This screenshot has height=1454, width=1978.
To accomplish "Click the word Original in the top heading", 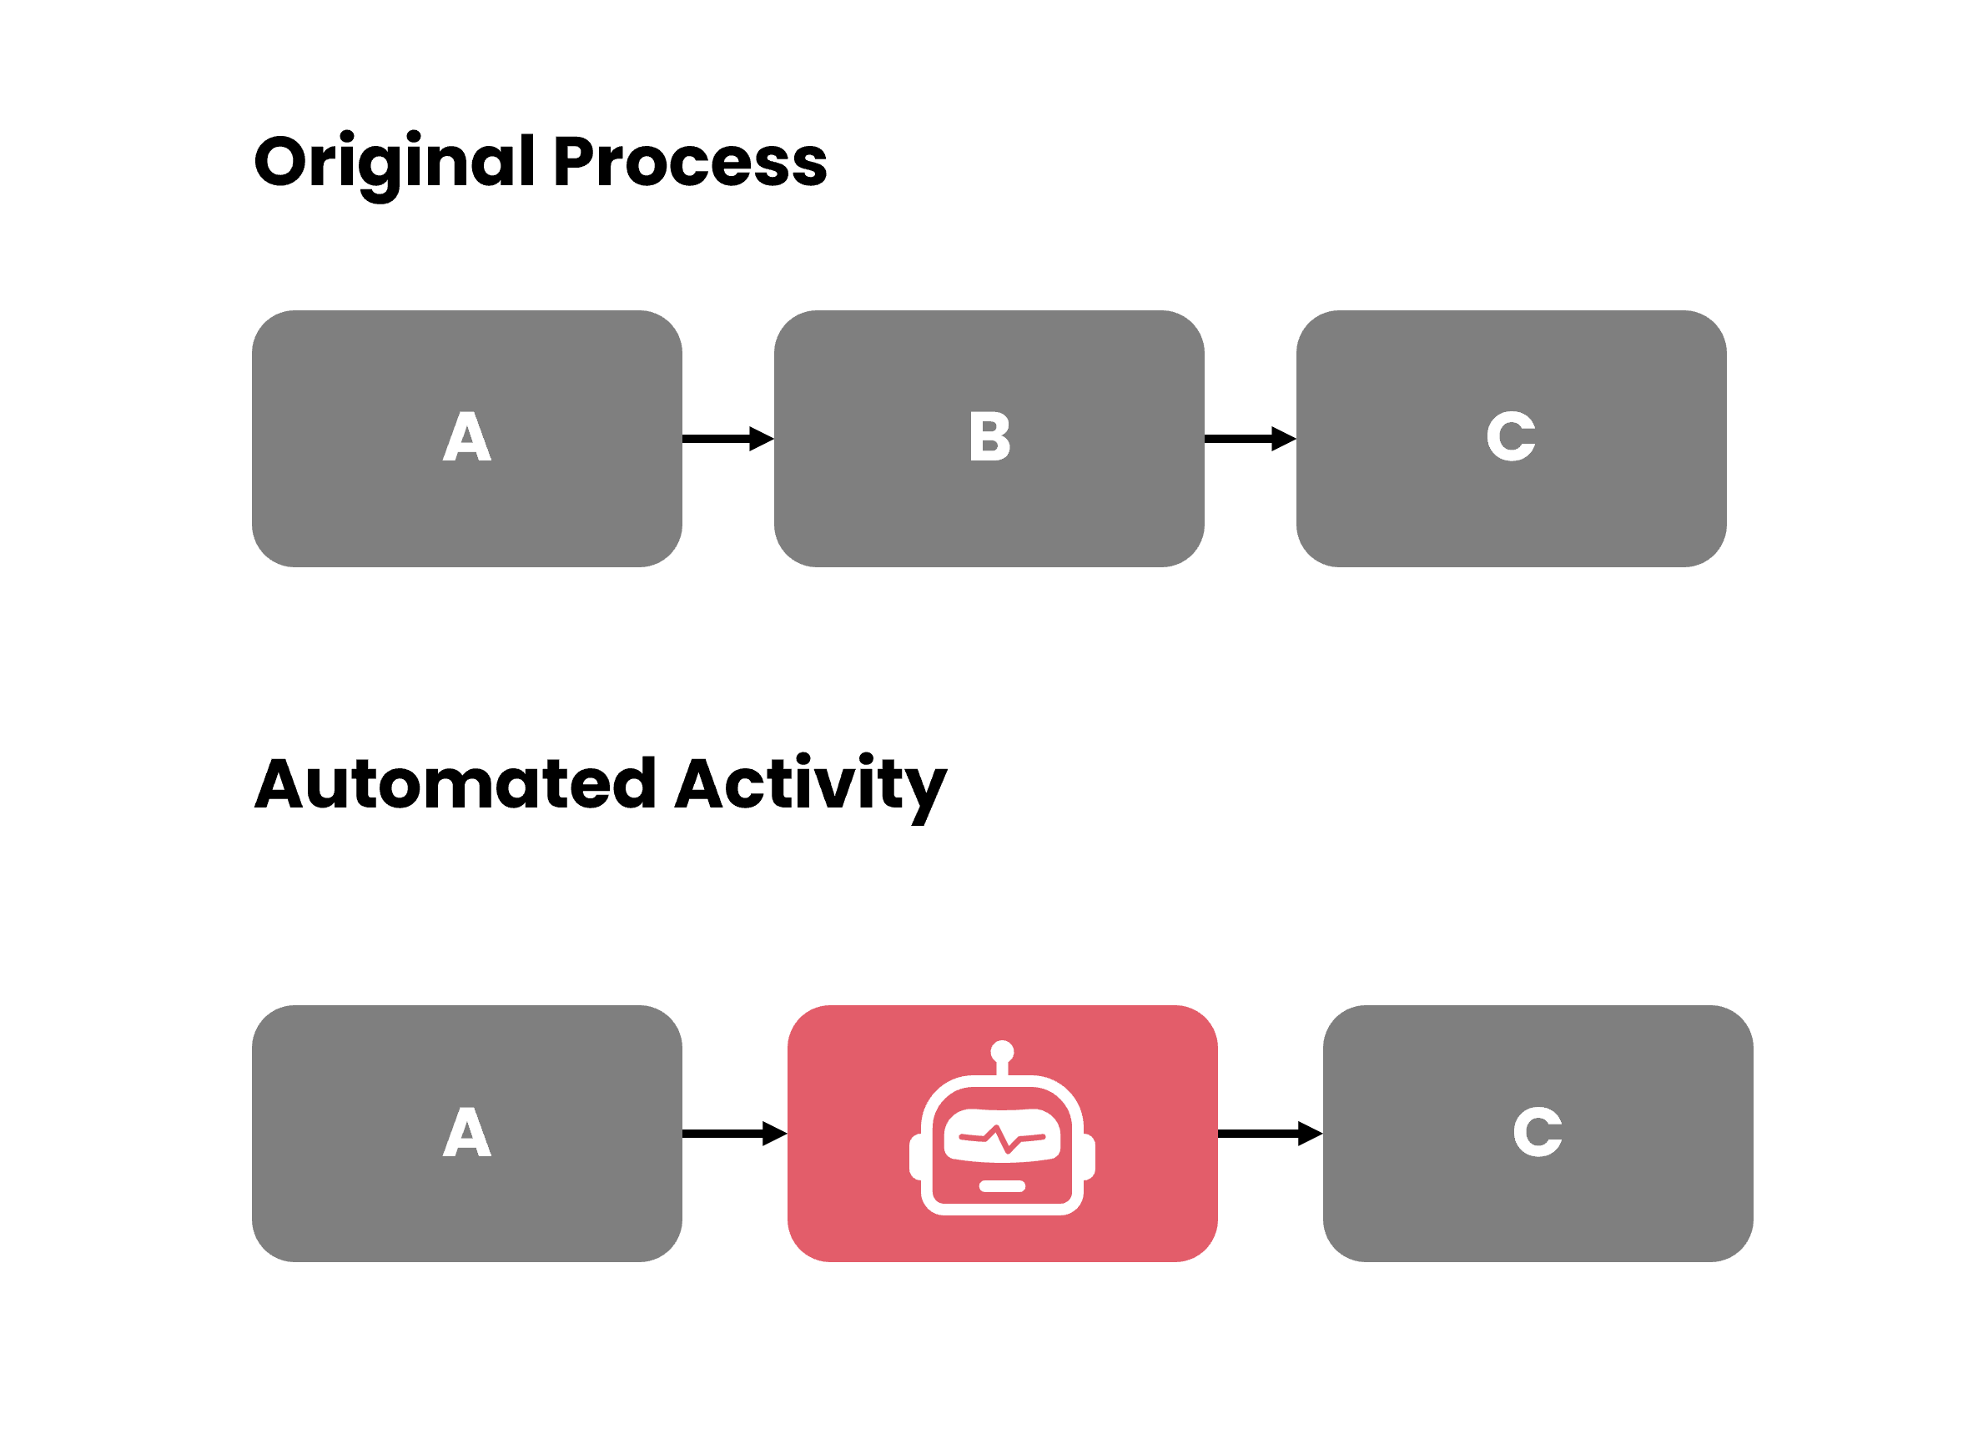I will (x=395, y=163).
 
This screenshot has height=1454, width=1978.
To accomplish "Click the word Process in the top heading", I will (x=691, y=163).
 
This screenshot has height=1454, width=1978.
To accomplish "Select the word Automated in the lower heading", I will (x=455, y=784).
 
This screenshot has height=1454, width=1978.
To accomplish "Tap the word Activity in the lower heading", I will (x=811, y=784).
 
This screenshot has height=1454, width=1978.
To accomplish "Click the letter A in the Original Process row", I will (x=466, y=436).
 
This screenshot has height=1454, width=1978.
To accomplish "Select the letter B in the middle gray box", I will (x=989, y=436).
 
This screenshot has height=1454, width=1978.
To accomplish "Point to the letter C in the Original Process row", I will (x=1511, y=436).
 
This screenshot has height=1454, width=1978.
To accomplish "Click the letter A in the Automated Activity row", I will (x=466, y=1133).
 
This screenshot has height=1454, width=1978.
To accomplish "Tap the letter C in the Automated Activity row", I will (x=1537, y=1133).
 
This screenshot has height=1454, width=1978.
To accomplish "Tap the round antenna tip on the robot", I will (x=1002, y=1052).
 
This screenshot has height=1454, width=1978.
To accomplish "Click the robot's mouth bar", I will (x=1002, y=1186).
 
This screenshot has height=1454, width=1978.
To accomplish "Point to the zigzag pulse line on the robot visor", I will (x=1002, y=1139).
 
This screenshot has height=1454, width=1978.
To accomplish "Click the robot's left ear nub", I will (x=915, y=1156).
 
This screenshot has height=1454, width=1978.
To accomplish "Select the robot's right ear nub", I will (x=1089, y=1156).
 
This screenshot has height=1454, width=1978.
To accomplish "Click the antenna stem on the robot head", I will (x=1002, y=1069).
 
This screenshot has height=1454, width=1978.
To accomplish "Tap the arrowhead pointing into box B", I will (x=762, y=438).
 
